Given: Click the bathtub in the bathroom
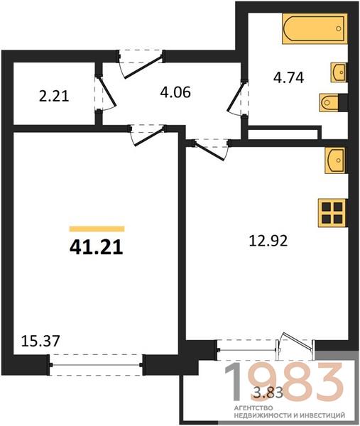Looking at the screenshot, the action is (x=315, y=28).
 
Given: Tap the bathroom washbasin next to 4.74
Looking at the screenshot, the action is (x=339, y=72).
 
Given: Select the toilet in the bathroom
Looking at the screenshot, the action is (x=329, y=102).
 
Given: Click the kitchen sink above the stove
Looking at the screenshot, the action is (x=336, y=160).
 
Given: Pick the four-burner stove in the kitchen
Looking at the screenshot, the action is (x=332, y=213).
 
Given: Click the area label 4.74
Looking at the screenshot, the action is (x=288, y=78).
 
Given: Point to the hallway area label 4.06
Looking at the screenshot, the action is (x=175, y=92).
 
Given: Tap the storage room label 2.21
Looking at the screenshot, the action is (x=54, y=97).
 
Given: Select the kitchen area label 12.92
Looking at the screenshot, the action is (x=268, y=241).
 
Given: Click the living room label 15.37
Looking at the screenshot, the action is (x=40, y=341).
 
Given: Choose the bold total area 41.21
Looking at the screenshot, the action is (x=97, y=248).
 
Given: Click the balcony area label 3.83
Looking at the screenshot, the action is (x=268, y=393).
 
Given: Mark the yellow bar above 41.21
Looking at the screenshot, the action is (x=97, y=229).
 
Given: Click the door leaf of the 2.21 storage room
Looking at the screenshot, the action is (x=107, y=92).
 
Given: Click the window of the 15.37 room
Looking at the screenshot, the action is (x=97, y=365).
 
